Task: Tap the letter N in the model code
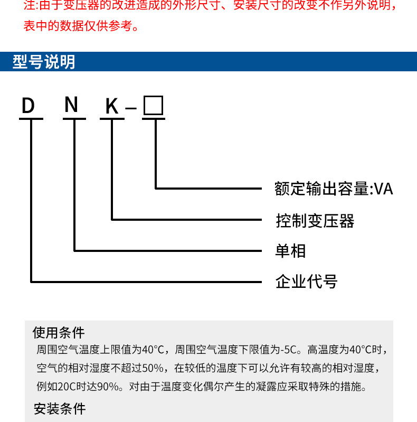click(x=71, y=105)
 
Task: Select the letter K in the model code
click(x=111, y=107)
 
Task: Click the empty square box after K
click(x=154, y=106)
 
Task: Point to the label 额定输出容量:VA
click(x=334, y=189)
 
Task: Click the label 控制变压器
click(x=315, y=220)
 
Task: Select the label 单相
click(x=290, y=250)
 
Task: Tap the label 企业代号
click(x=306, y=281)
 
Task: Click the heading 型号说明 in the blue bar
click(x=44, y=62)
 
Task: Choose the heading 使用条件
click(x=59, y=332)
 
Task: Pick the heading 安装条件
click(x=59, y=409)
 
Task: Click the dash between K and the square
click(x=131, y=109)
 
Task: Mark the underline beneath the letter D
click(x=31, y=118)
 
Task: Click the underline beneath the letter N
click(x=74, y=118)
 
